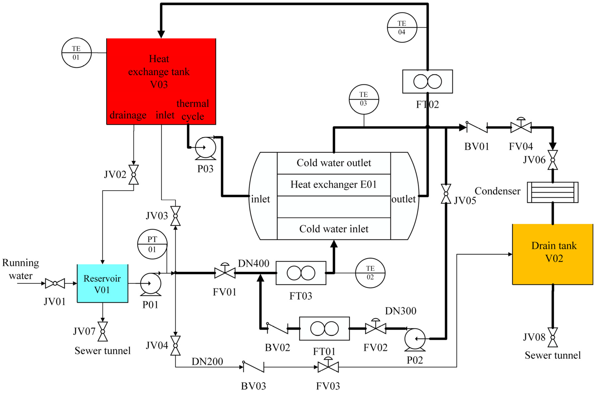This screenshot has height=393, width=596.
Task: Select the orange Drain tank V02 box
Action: (553, 254)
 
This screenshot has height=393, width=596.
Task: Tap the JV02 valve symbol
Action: (134, 175)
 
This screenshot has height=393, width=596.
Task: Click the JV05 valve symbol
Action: (446, 194)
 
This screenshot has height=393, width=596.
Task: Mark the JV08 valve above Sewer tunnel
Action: (553, 337)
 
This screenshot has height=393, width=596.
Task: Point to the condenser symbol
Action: (553, 192)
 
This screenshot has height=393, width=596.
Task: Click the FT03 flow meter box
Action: (301, 273)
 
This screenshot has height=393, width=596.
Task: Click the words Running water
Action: (21, 269)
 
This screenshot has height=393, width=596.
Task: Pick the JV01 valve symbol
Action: (55, 284)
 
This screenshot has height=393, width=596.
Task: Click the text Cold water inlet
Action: (334, 229)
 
